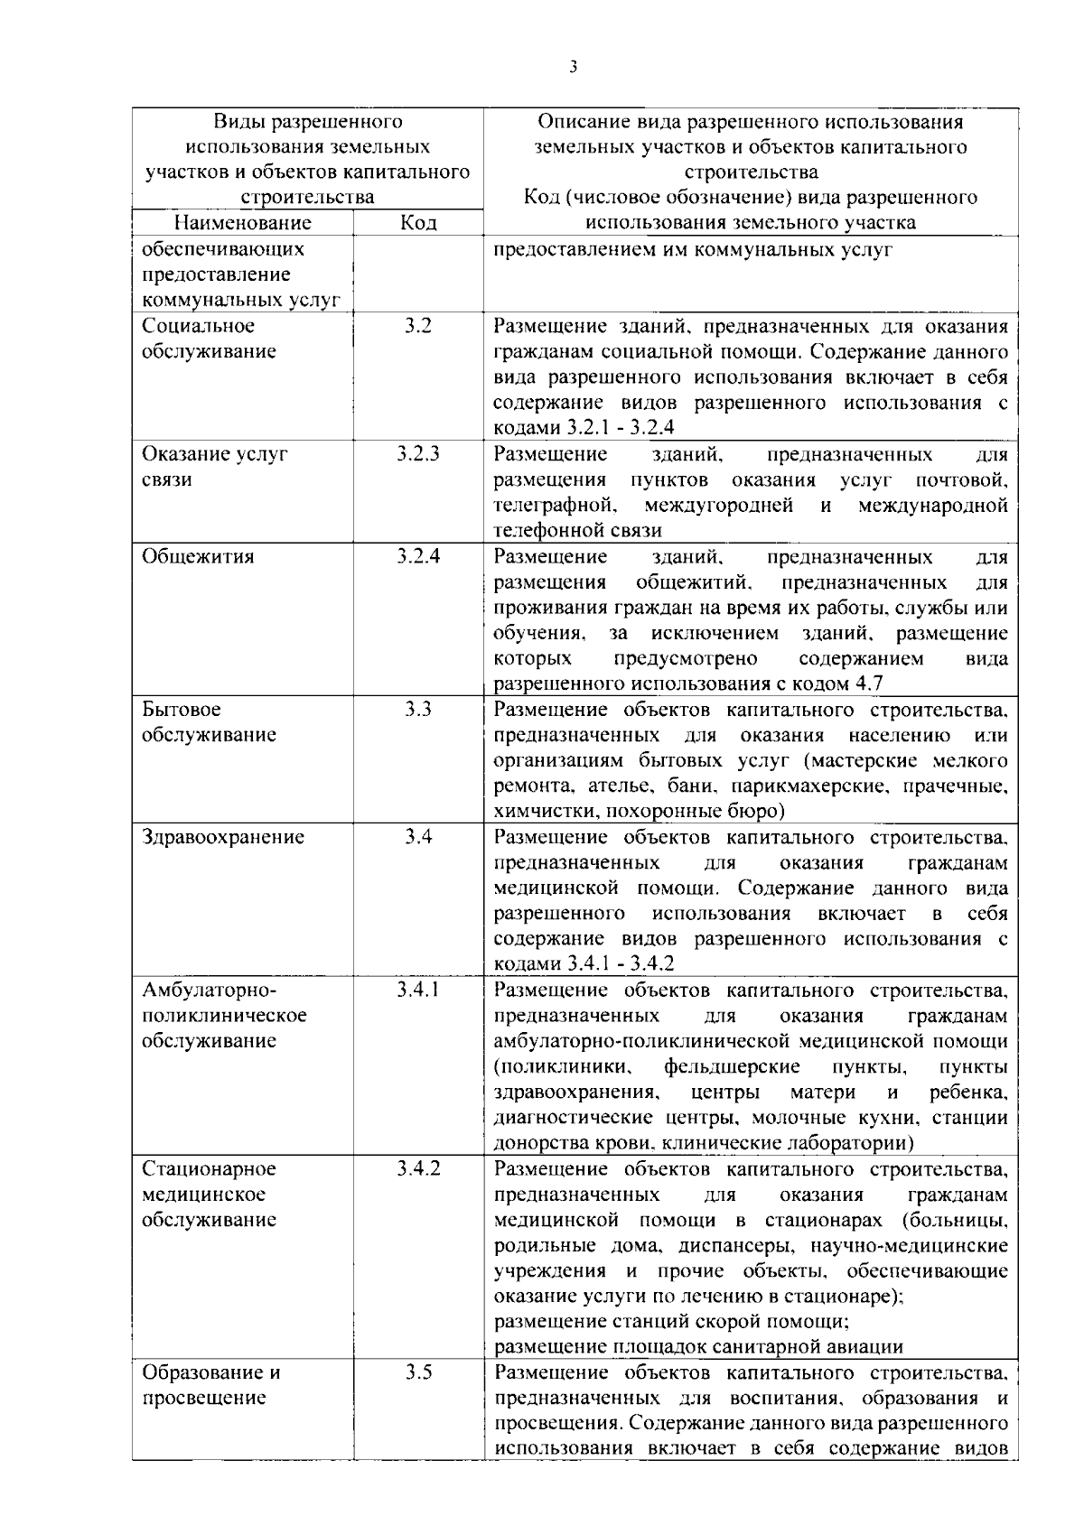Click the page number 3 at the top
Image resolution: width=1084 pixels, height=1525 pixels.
point(574,68)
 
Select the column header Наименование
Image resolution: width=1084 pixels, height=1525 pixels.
point(243,223)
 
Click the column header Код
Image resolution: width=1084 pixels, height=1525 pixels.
point(418,223)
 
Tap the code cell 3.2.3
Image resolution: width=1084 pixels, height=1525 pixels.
point(418,454)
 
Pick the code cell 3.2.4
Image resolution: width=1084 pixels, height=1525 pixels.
point(418,556)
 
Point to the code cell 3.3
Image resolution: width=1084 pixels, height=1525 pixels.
point(418,710)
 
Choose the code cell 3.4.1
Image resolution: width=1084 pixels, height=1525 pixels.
point(418,990)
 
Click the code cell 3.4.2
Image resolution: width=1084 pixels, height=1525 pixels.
point(418,1168)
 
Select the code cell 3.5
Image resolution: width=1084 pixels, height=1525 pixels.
point(418,1372)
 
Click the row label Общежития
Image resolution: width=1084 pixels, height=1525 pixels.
point(198,556)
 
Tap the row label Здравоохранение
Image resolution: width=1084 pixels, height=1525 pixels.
point(223,837)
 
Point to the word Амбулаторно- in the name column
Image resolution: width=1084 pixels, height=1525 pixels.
point(209,990)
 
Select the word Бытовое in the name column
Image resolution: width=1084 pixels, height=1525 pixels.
point(182,710)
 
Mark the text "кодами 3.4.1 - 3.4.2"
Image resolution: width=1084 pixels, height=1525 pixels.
point(584,964)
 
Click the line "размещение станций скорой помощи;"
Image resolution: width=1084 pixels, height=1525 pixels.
point(671,1322)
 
